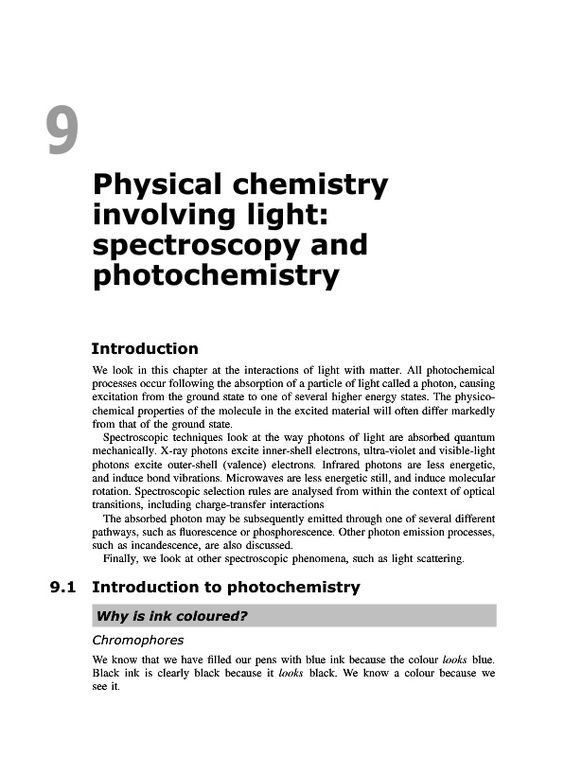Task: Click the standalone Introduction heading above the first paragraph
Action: [x=145, y=349]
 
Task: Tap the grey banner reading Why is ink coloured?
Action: [x=293, y=616]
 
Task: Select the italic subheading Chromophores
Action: [x=137, y=642]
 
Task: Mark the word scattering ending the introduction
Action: [x=437, y=559]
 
